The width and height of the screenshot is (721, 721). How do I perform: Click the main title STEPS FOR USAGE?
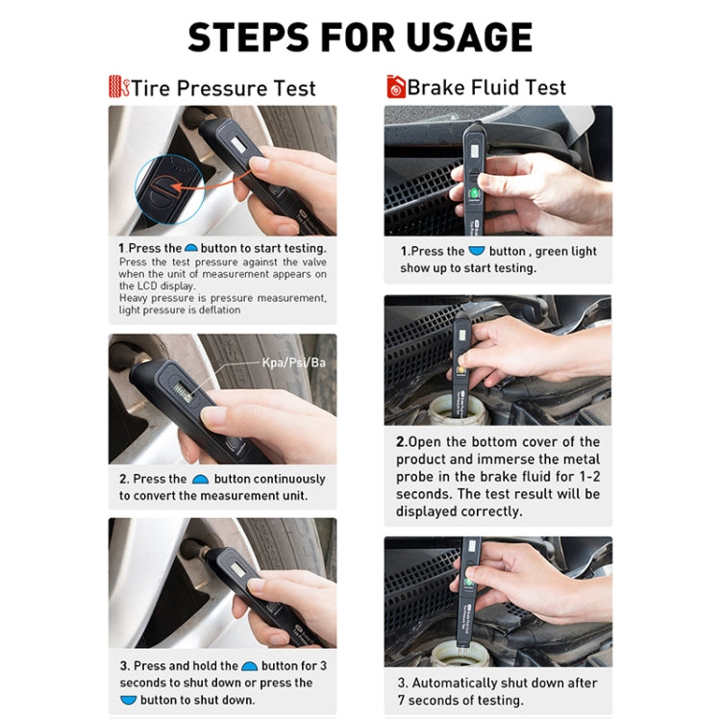pyautogui.click(x=360, y=37)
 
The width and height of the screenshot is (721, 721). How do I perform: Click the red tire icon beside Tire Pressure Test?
pyautogui.click(x=118, y=87)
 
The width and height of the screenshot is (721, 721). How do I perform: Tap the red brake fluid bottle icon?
pyautogui.click(x=396, y=87)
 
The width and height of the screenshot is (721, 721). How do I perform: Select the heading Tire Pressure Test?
pyautogui.click(x=223, y=88)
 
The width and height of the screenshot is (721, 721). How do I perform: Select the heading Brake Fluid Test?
pyautogui.click(x=486, y=87)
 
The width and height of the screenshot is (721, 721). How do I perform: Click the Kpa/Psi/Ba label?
pyautogui.click(x=292, y=362)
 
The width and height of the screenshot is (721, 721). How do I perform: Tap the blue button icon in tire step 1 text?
pyautogui.click(x=191, y=248)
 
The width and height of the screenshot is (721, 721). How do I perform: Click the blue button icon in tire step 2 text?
pyautogui.click(x=200, y=479)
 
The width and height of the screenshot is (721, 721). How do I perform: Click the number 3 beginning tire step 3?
pyautogui.click(x=124, y=665)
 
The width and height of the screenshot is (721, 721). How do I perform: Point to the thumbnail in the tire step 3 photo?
pyautogui.click(x=257, y=584)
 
